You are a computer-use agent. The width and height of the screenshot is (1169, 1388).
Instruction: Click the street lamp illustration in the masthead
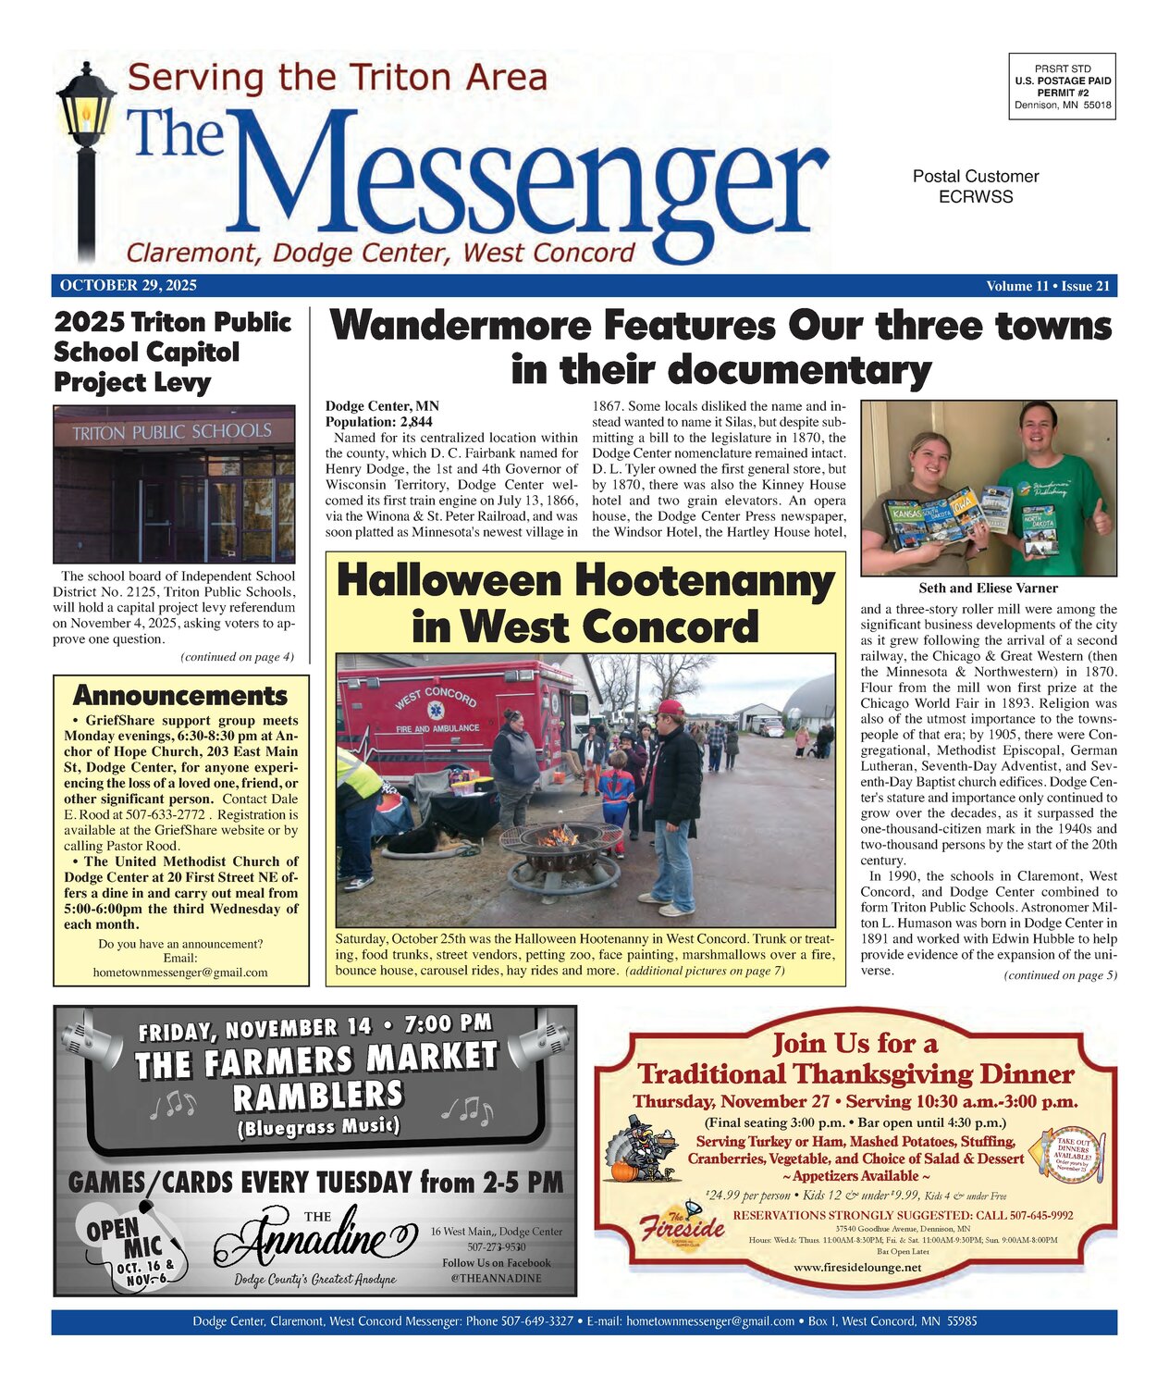pyautogui.click(x=85, y=157)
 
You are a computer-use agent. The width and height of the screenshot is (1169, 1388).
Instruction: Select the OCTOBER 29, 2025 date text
pyautogui.click(x=128, y=286)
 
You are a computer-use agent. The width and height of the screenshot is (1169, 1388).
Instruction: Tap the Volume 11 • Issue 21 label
pyautogui.click(x=1047, y=286)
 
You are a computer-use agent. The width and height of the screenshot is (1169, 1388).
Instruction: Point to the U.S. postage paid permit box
pyautogui.click(x=1062, y=87)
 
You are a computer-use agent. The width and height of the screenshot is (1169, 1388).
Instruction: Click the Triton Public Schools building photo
pyautogui.click(x=174, y=483)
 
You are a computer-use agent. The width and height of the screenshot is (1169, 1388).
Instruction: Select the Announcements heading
pyautogui.click(x=180, y=695)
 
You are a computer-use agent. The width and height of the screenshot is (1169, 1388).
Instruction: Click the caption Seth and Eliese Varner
pyautogui.click(x=988, y=589)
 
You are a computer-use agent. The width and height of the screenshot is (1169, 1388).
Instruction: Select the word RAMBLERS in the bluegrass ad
pyautogui.click(x=318, y=1096)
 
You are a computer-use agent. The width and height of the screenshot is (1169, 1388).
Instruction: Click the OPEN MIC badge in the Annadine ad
pyautogui.click(x=129, y=1244)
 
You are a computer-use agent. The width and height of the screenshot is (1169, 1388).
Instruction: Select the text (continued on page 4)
pyautogui.click(x=237, y=657)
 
